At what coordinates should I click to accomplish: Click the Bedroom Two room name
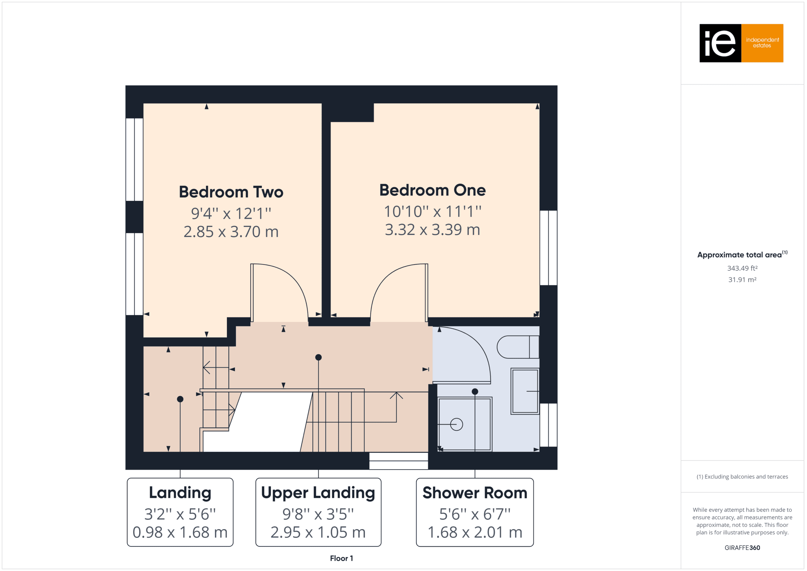point(231,192)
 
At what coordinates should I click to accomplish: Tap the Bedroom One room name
point(432,190)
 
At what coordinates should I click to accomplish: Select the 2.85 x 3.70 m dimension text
point(231,232)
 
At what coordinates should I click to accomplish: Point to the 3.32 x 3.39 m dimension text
point(432,230)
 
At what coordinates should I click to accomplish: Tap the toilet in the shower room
point(518,347)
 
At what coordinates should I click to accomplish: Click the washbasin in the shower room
point(525,391)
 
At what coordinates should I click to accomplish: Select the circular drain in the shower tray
point(456,424)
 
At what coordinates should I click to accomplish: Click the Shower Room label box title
point(474,492)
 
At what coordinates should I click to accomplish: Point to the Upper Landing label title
point(318,493)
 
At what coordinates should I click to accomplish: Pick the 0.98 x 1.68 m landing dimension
point(180,532)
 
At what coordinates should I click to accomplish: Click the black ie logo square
point(720,43)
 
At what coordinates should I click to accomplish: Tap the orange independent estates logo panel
point(762,43)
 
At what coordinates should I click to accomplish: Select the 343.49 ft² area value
point(742,268)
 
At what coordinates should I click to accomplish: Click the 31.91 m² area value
point(742,280)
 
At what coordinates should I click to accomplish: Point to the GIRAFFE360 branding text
point(742,548)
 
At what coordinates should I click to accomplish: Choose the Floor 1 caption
point(341,558)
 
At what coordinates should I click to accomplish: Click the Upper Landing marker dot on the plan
point(318,357)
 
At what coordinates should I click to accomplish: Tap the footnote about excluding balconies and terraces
point(742,477)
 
